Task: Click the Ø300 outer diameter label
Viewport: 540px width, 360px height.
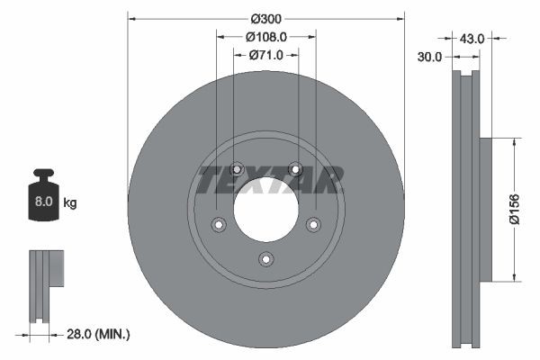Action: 266,18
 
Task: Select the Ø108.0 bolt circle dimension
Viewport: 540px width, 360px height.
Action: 266,37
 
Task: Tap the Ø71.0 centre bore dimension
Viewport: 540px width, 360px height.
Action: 266,55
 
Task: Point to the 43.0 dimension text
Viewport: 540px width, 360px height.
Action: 472,39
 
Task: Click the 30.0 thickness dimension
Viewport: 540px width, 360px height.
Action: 430,57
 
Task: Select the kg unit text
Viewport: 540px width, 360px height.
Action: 70,203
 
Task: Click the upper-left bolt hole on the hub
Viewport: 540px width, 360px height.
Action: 237,168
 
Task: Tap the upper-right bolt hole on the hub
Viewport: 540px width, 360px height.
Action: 294,168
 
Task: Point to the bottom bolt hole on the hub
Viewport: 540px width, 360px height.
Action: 265,259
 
